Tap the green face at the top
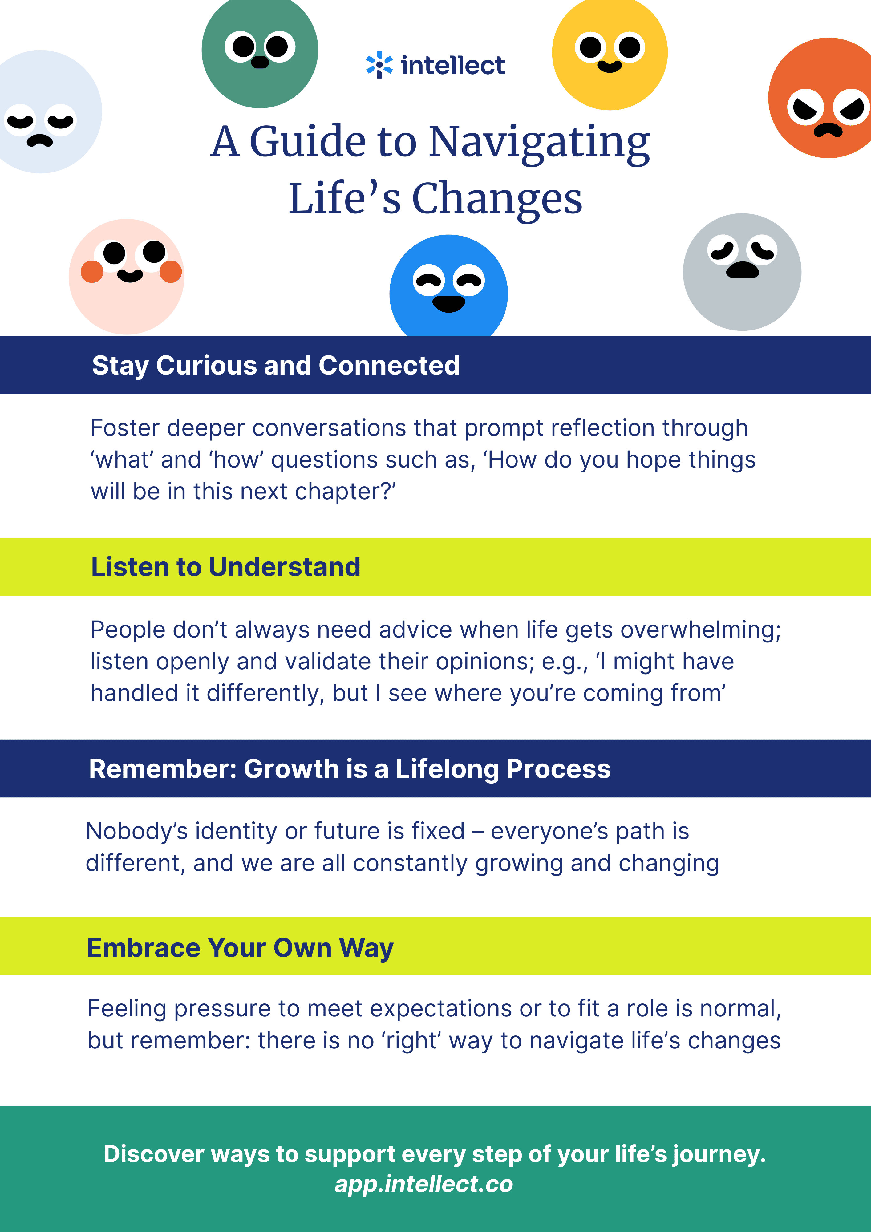pos(260,51)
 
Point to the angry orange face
pos(821,98)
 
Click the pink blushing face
pos(127,276)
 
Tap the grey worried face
pos(742,272)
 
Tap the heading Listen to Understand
pos(225,567)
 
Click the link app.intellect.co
pos(424,1184)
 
